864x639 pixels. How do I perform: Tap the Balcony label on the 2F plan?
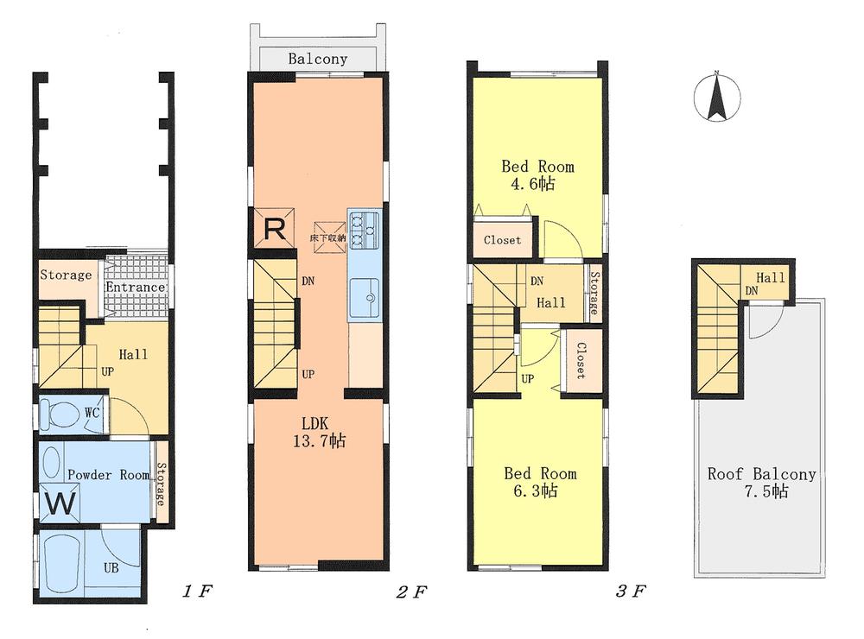coord(317,60)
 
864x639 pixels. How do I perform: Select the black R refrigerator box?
coord(273,229)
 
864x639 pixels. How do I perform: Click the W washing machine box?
coord(60,503)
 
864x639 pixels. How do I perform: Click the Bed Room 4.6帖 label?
coord(537,175)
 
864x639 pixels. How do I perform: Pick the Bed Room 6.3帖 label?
coord(539,482)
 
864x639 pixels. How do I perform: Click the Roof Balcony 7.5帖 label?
coord(761,483)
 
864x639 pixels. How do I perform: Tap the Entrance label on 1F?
coord(135,288)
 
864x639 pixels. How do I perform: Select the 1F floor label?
coord(197,592)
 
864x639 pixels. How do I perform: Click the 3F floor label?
coord(632,592)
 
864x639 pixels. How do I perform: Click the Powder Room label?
coord(107,475)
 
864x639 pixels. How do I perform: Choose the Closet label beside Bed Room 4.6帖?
coord(502,240)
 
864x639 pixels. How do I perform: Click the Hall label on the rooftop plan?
coord(771,278)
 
